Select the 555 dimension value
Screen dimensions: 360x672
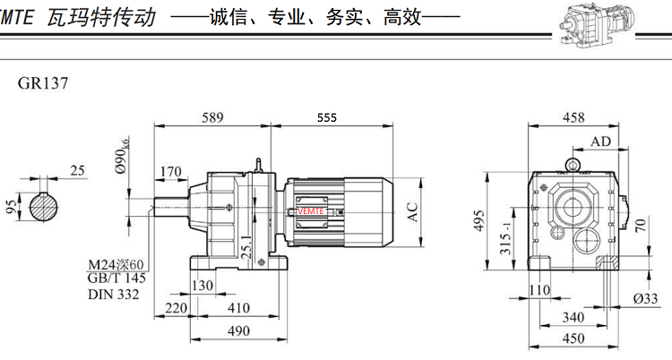[x=328, y=117]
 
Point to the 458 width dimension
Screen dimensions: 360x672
[x=573, y=117]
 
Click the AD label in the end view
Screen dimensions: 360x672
[x=601, y=142]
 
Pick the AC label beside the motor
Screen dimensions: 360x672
[x=413, y=211]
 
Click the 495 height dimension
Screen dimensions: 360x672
[x=478, y=219]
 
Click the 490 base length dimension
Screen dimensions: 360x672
[x=238, y=331]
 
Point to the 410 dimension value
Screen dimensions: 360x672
[x=238, y=309]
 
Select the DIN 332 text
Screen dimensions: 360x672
[x=113, y=294]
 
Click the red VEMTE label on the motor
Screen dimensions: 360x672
[x=313, y=210]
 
